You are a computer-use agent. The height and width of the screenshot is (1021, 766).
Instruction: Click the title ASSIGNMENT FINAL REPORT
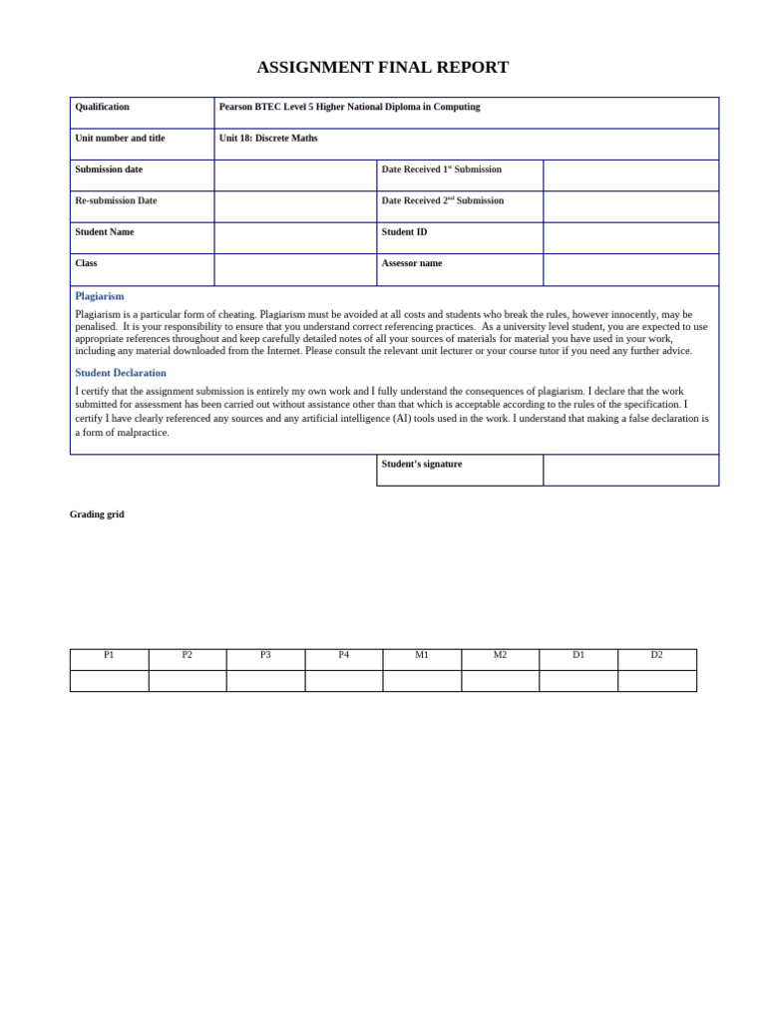pyautogui.click(x=382, y=68)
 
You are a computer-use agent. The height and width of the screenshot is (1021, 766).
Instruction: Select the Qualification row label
pyautogui.click(x=102, y=107)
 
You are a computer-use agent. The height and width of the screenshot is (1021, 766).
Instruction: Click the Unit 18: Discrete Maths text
pyautogui.click(x=268, y=139)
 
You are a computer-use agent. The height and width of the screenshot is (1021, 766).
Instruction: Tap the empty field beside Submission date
pyautogui.click(x=295, y=175)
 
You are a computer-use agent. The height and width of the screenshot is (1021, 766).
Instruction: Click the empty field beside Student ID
pyautogui.click(x=630, y=238)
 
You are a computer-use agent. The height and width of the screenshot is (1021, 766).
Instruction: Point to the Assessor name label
pyautogui.click(x=411, y=263)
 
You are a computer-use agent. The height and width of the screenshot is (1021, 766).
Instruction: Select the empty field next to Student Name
pyautogui.click(x=295, y=238)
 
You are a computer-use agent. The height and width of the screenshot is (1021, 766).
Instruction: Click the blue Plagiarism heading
pyautogui.click(x=100, y=296)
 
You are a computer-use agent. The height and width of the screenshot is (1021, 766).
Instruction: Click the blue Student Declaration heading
pyautogui.click(x=121, y=373)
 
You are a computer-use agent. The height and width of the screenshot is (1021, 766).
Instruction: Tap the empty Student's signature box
pyautogui.click(x=630, y=470)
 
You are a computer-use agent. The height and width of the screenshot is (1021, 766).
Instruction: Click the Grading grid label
pyautogui.click(x=97, y=514)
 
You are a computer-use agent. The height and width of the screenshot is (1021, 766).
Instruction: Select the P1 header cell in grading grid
pyautogui.click(x=109, y=655)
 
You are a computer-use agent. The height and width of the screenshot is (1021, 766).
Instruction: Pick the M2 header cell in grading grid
pyautogui.click(x=500, y=655)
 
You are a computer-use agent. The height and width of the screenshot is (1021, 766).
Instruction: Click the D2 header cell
pyautogui.click(x=656, y=655)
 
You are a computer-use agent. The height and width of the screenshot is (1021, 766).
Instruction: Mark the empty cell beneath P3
pyautogui.click(x=265, y=681)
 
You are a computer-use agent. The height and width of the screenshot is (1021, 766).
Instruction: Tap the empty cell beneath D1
pyautogui.click(x=578, y=681)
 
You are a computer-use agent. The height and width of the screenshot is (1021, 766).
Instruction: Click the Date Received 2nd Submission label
pyautogui.click(x=442, y=200)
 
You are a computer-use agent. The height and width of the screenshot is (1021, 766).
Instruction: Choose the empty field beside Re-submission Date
pyautogui.click(x=295, y=206)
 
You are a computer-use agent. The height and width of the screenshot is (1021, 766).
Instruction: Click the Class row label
pyautogui.click(x=86, y=263)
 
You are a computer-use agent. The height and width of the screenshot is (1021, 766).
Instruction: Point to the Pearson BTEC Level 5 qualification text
pyautogui.click(x=349, y=107)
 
